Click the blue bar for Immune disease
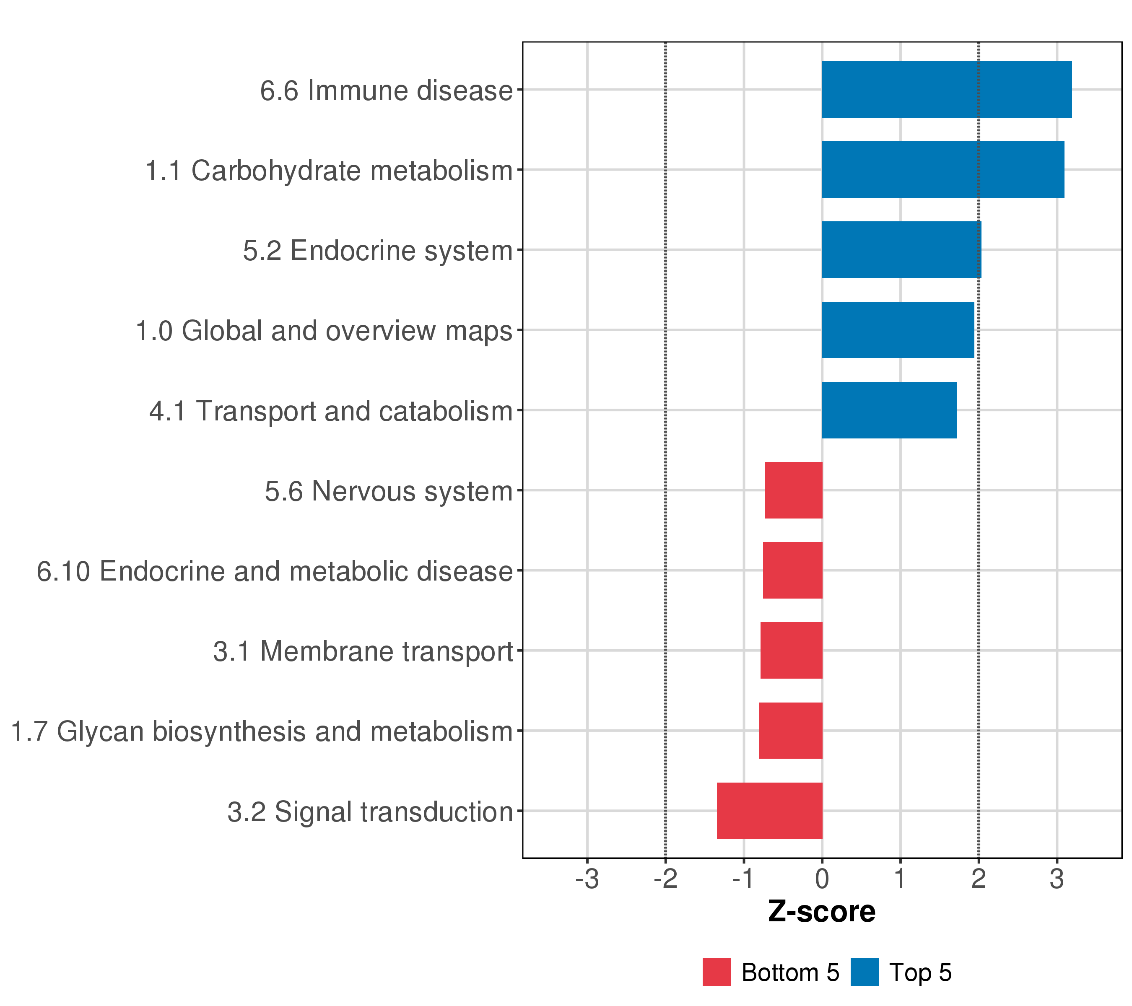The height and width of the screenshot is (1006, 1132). [946, 89]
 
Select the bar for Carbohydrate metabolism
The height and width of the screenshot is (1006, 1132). [942, 169]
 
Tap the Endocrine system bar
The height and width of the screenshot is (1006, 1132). [901, 250]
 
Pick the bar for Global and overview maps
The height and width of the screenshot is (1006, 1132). [898, 330]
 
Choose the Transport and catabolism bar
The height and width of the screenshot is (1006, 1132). [889, 410]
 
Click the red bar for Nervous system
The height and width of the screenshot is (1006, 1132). [794, 490]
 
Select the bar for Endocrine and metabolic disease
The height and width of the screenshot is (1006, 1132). [792, 570]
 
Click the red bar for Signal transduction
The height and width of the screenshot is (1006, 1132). [769, 811]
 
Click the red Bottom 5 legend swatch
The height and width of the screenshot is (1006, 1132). [716, 972]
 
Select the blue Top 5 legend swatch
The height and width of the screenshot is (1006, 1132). [864, 972]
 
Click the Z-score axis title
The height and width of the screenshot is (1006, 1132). [821, 911]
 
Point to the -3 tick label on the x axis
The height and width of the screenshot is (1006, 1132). [587, 879]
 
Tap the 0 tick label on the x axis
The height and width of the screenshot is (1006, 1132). [822, 879]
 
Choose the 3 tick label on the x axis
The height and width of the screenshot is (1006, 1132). [1057, 879]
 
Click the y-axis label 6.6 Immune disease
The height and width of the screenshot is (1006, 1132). [387, 90]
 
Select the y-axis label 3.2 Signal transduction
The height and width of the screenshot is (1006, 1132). [370, 812]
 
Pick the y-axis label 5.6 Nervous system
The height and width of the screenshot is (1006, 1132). [389, 491]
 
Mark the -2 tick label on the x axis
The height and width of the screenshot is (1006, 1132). [665, 879]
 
